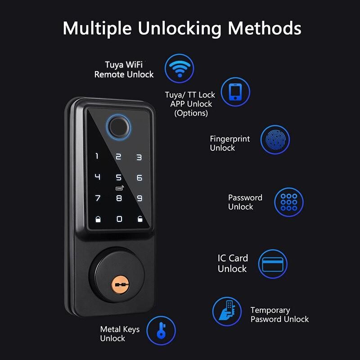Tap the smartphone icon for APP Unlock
coord(235,92)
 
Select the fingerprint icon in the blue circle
coord(275,140)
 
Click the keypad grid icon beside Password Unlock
coord(289,202)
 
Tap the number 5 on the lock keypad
coord(119,178)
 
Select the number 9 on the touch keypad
coord(139,198)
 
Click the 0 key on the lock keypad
coord(119,219)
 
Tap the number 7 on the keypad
coord(97,198)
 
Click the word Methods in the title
coord(264,28)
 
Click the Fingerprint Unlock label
coord(229,143)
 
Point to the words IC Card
coord(233,258)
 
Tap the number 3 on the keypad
coord(139,157)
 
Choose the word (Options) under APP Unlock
coord(191,113)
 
